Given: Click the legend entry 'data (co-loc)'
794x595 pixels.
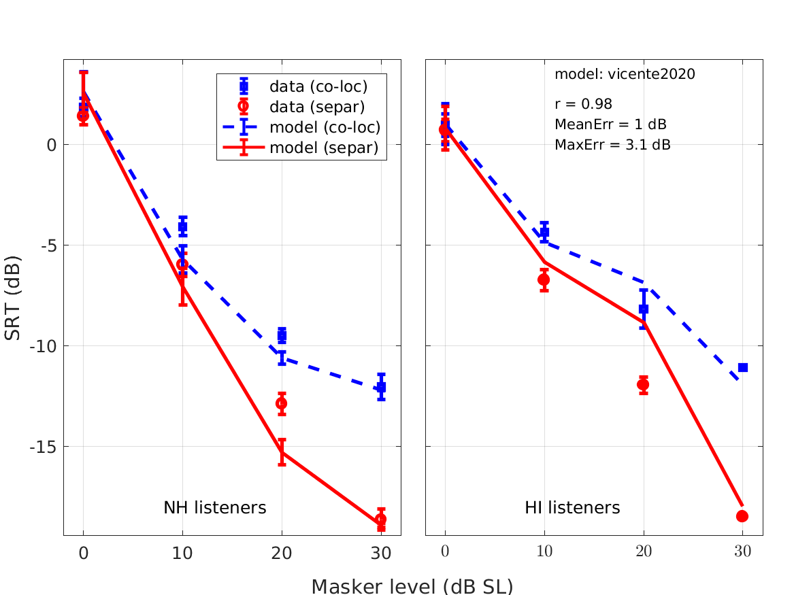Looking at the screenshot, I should tap(318, 86).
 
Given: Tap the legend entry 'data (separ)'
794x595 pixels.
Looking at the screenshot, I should tap(317, 107).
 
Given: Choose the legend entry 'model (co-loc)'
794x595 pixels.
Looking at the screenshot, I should tap(325, 127).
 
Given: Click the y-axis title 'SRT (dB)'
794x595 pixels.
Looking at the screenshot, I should tap(13, 299).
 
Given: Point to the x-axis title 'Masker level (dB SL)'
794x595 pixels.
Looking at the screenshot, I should tap(412, 586).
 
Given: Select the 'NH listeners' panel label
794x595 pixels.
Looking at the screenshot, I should tap(214, 507).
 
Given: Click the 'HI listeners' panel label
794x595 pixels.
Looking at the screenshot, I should tap(572, 507).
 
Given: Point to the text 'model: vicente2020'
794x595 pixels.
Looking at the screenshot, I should tap(625, 74).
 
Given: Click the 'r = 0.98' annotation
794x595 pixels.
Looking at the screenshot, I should tap(583, 104).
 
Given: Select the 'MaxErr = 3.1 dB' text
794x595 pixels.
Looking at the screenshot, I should tap(612, 144).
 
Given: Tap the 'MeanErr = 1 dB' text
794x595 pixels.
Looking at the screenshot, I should tap(610, 124).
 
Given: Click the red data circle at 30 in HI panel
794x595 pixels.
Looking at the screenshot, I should tap(742, 516).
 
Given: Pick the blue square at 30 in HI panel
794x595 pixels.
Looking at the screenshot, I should tap(743, 367).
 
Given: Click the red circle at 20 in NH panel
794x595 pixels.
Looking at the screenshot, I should tap(282, 403).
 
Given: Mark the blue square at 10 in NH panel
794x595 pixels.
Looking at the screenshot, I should tap(182, 226).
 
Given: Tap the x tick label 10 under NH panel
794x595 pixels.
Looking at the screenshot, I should tap(182, 553).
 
